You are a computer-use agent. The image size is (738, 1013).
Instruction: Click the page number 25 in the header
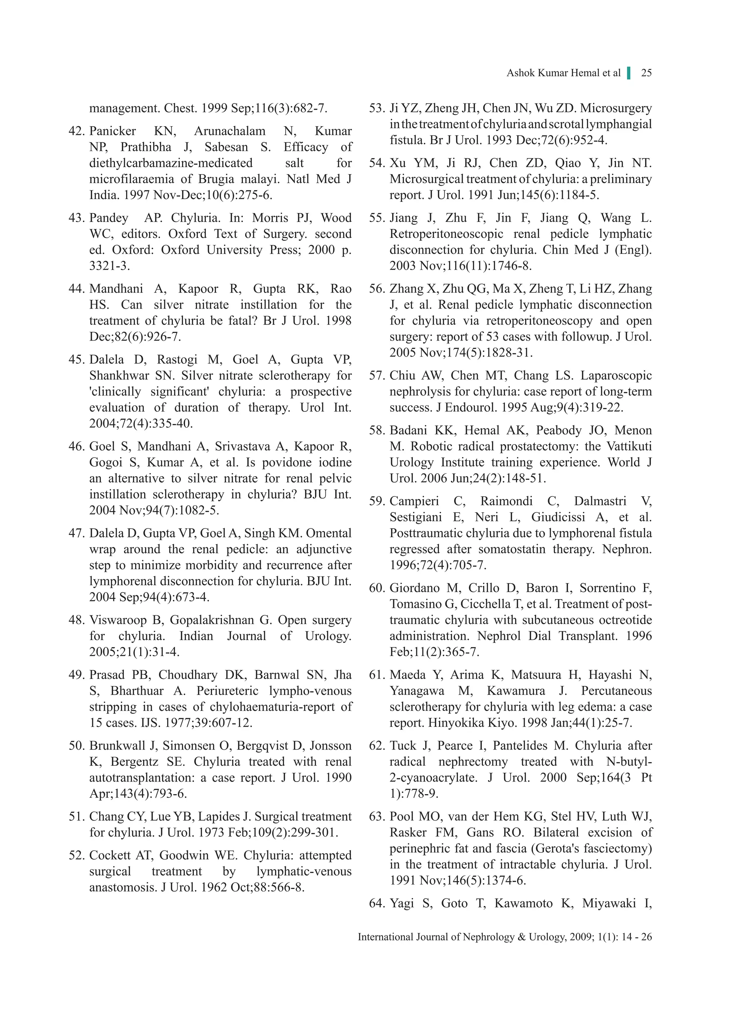click(x=646, y=73)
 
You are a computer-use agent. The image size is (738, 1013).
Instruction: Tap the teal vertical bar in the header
click(x=629, y=73)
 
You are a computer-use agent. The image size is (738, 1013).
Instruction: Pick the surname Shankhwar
click(x=119, y=376)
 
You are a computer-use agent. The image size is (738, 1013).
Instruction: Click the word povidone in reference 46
click(x=276, y=463)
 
